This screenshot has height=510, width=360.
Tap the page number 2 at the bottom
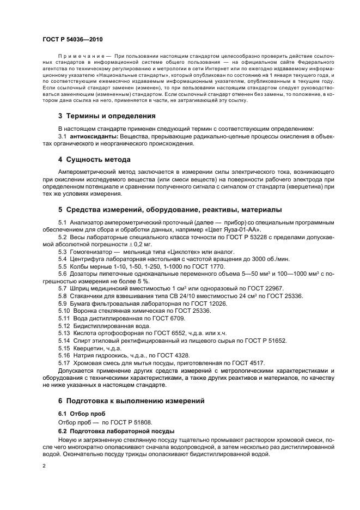tap(44, 466)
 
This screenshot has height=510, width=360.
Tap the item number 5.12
tap(64, 325)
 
